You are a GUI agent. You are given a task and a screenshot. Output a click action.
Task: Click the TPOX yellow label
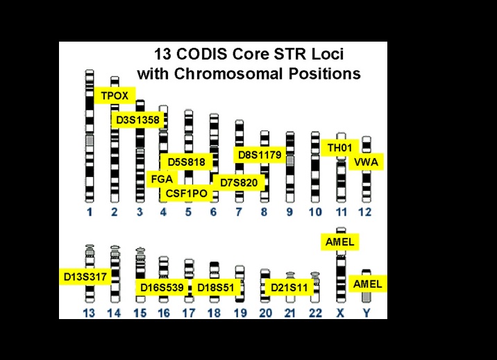coord(115,95)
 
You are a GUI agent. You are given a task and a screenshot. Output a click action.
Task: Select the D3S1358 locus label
coord(137,120)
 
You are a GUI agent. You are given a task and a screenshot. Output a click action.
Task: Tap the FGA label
coord(162,179)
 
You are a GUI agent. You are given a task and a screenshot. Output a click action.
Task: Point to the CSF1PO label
coord(186,193)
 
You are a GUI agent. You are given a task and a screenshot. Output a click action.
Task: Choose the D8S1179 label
coord(260,155)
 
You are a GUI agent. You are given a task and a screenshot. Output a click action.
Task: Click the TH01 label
coord(340,148)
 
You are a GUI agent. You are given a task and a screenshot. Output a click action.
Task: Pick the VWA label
coord(366,162)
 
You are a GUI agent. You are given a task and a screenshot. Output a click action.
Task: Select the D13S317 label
coord(85,277)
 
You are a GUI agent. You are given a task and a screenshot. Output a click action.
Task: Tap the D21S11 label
coord(289,287)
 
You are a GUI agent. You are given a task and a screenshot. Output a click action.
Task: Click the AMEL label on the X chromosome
coord(340,242)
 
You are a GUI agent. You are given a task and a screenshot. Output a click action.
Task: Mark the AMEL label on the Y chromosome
coord(368,284)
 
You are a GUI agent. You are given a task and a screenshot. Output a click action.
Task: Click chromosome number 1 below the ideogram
coord(90,212)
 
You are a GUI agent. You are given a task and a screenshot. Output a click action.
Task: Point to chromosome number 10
coord(315,212)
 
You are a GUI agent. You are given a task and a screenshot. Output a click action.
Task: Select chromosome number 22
coord(315,313)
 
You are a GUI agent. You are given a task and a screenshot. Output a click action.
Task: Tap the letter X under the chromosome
coord(340,313)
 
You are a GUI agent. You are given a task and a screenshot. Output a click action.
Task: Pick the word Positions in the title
coord(325,74)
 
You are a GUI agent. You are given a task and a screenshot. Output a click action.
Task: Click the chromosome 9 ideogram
coord(290,167)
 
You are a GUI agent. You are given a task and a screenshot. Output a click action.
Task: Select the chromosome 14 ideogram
coord(115,274)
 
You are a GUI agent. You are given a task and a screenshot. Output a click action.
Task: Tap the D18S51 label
coord(216,287)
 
